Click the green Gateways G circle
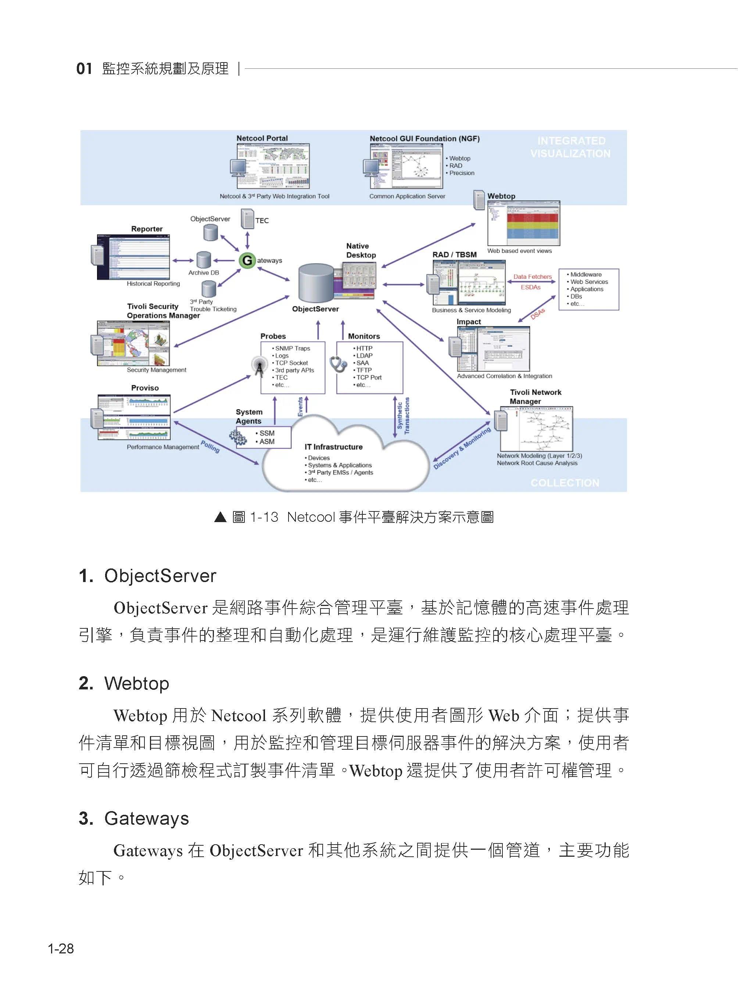(247, 260)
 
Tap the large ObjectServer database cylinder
(316, 282)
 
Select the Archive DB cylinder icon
(204, 260)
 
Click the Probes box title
(273, 336)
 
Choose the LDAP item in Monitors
(364, 355)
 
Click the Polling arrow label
(210, 446)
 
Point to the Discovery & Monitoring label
(462, 448)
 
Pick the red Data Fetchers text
(532, 276)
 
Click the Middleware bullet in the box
(585, 274)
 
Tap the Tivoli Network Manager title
(535, 396)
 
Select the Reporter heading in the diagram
(147, 229)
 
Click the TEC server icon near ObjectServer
(247, 220)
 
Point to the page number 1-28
(61, 949)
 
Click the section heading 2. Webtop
(124, 684)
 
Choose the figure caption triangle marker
(220, 517)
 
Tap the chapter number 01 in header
(84, 68)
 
